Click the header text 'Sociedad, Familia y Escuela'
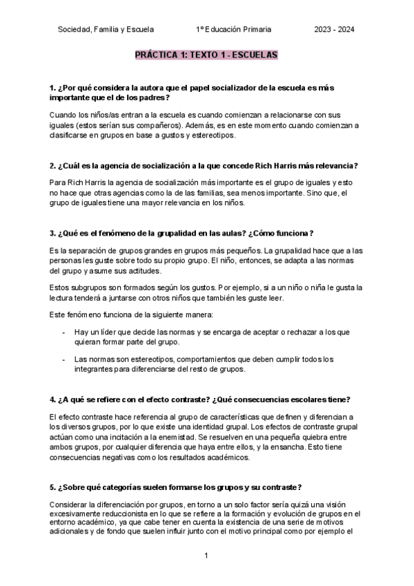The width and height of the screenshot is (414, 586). click(x=106, y=29)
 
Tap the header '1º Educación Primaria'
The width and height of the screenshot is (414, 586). click(x=234, y=29)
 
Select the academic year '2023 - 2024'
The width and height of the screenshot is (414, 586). click(x=335, y=29)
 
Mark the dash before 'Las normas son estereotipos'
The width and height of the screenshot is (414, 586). click(x=63, y=359)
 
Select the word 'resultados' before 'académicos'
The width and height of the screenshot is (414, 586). click(x=193, y=457)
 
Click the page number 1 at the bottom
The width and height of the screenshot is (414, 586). click(x=206, y=556)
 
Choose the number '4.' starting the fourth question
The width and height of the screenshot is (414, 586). click(x=53, y=399)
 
